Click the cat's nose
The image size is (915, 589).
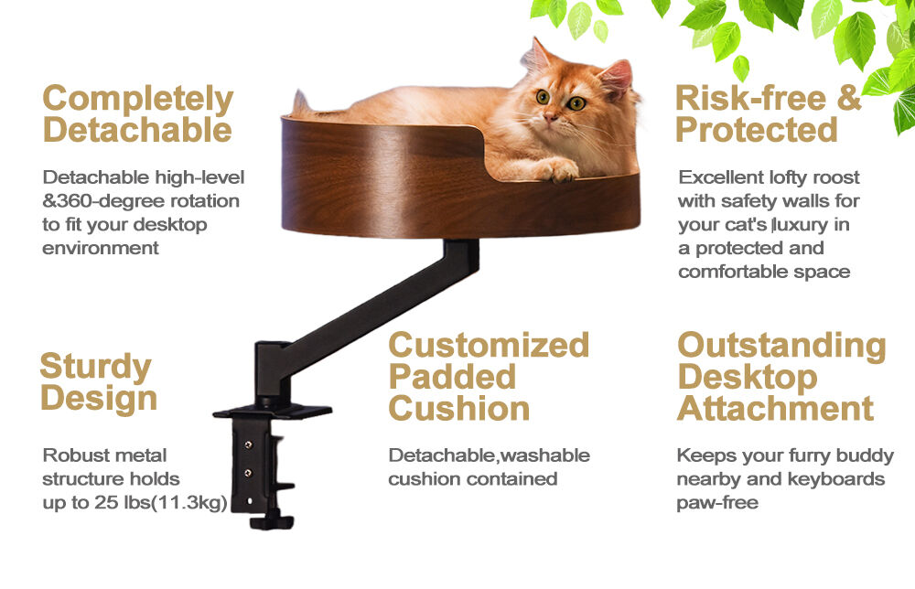click(553, 117)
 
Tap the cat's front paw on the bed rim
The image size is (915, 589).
click(559, 169)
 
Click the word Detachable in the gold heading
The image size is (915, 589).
click(137, 129)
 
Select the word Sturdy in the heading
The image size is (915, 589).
click(95, 367)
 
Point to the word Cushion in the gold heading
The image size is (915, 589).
click(459, 408)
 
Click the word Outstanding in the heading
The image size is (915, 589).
click(781, 346)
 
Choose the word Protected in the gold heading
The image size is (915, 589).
click(757, 130)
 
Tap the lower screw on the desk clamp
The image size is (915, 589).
click(246, 473)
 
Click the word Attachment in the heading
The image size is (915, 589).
click(775, 408)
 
